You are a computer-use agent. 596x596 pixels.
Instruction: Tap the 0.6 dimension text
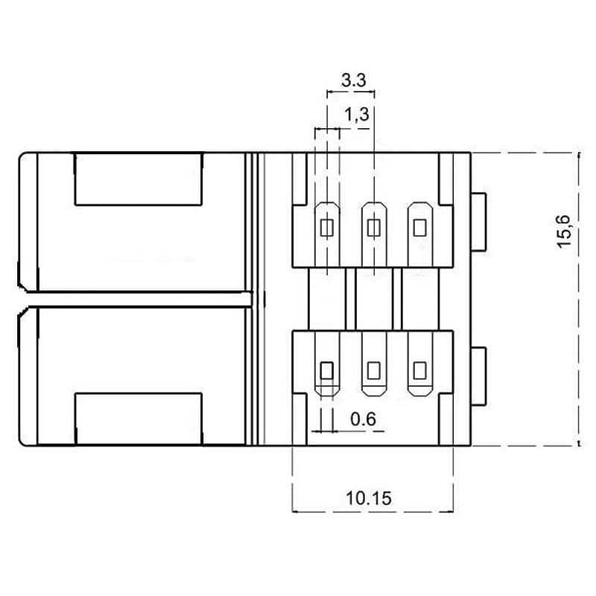click(363, 420)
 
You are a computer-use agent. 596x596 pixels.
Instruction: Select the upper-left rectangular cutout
click(139, 179)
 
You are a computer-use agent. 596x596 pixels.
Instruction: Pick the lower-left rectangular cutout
click(139, 418)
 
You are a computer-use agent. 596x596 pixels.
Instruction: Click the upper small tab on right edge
click(478, 221)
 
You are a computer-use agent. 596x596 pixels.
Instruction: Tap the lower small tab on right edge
click(478, 375)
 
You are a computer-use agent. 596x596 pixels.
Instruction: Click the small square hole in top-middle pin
click(374, 226)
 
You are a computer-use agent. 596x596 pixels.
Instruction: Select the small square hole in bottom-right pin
click(420, 369)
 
